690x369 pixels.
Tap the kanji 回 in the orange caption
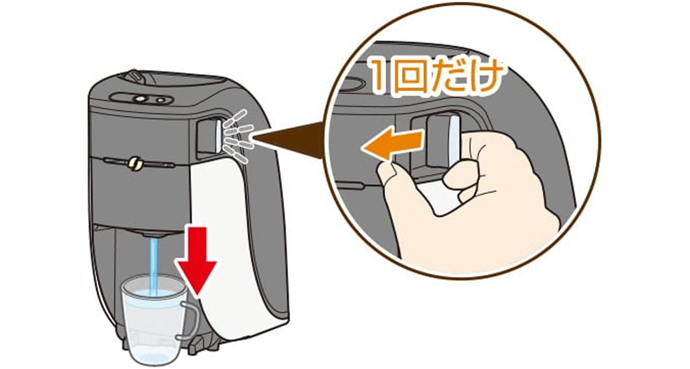point(410,77)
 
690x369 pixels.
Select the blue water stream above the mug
point(154,266)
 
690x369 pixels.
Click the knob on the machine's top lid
point(136,76)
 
